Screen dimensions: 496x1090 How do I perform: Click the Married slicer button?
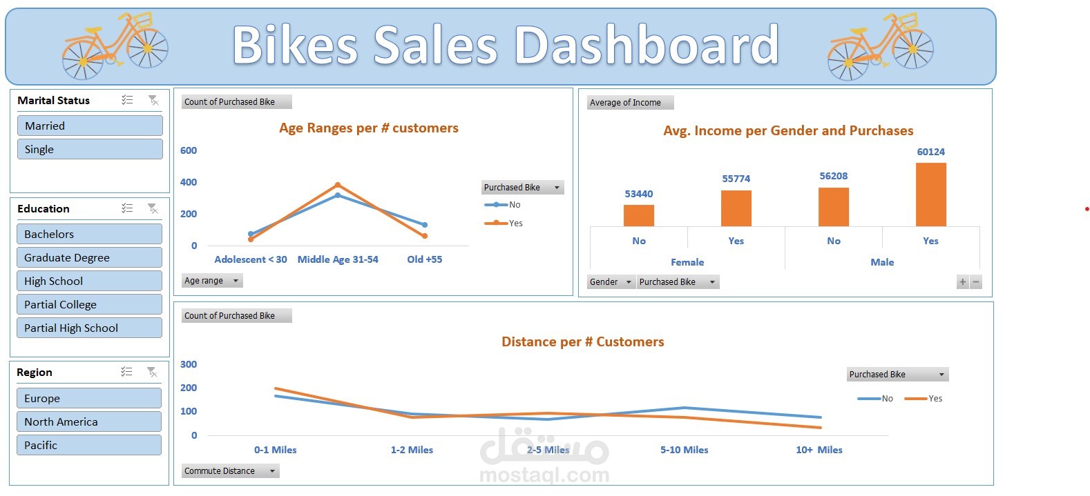(89, 126)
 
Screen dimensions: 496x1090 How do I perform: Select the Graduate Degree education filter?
(89, 257)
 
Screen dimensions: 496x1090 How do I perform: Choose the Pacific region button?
(88, 445)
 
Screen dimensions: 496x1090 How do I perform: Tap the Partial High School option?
(89, 328)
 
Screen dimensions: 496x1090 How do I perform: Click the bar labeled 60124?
(930, 195)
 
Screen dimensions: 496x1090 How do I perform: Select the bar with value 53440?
(638, 215)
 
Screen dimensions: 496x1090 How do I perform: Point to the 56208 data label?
(833, 176)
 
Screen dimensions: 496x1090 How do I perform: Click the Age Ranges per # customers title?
(368, 128)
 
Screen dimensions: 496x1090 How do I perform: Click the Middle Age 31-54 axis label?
(338, 259)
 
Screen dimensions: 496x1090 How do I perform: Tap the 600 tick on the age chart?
(189, 150)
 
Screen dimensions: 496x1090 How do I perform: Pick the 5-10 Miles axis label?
(684, 450)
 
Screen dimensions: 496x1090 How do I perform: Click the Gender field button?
(611, 282)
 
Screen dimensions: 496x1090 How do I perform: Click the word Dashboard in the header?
(647, 46)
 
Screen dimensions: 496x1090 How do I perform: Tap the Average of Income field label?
(625, 103)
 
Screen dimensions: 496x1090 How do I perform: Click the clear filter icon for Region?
(152, 373)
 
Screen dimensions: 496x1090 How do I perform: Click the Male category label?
(882, 262)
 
